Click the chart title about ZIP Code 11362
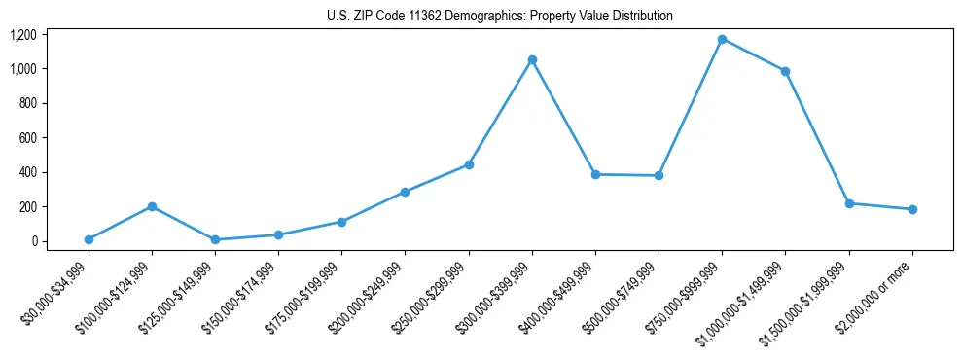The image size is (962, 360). click(x=499, y=17)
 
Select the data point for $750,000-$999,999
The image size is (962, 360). click(x=722, y=39)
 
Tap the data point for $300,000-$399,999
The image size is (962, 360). click(x=532, y=59)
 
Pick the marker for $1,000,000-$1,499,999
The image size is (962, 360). click(x=785, y=71)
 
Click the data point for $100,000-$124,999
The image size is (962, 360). click(x=152, y=206)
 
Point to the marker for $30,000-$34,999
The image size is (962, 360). click(x=89, y=239)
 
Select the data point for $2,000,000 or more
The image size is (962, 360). click(x=912, y=209)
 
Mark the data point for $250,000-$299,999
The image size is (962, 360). click(x=469, y=164)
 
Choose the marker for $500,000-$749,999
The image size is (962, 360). click(x=659, y=175)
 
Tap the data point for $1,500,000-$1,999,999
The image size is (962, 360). click(x=849, y=203)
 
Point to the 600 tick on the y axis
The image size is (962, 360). click(x=28, y=138)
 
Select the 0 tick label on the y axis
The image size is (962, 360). click(x=34, y=241)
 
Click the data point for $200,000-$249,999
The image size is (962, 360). click(x=405, y=192)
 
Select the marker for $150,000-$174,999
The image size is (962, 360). click(x=278, y=234)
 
